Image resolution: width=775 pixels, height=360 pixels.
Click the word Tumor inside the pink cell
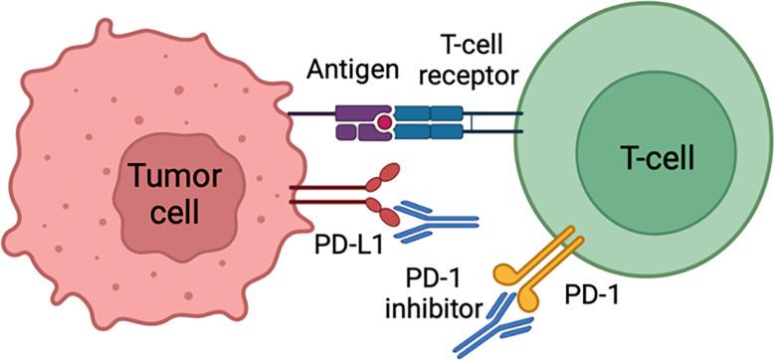(x=164, y=180)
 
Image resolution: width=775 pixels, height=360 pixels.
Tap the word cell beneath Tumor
(x=164, y=212)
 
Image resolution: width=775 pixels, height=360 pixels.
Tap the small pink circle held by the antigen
(x=382, y=122)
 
